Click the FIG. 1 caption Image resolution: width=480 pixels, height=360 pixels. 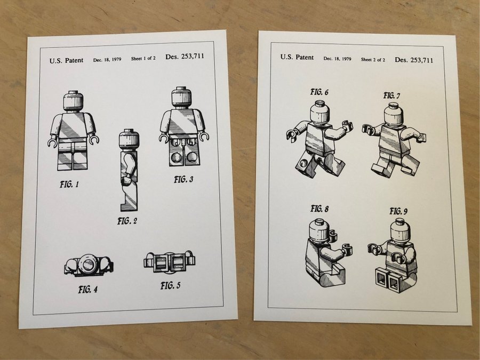(69, 185)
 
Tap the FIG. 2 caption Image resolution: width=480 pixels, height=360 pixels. (127, 221)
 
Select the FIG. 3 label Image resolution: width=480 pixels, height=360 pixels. (183, 179)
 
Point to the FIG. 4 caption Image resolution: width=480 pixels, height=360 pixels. (88, 289)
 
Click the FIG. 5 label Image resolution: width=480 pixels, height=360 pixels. (171, 286)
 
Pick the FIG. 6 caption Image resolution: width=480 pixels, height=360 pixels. (319, 92)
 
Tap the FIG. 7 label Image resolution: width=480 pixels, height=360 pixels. (391, 95)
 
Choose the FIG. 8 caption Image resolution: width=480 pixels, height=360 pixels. (319, 209)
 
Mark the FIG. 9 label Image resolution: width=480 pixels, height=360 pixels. (398, 211)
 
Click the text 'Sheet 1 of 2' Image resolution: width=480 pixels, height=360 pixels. (143, 58)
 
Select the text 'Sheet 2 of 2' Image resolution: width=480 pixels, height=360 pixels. (373, 60)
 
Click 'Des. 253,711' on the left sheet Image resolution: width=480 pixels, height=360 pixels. (185, 57)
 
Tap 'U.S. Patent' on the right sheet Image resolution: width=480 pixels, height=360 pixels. (297, 57)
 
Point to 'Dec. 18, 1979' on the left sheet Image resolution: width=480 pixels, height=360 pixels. (107, 60)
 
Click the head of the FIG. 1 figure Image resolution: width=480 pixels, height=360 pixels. (74, 101)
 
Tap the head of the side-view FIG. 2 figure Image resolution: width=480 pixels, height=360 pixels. (129, 139)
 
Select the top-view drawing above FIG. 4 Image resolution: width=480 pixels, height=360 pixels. (89, 265)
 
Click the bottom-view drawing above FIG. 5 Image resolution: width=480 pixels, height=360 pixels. (169, 262)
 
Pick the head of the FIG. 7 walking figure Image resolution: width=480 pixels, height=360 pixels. (394, 115)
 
